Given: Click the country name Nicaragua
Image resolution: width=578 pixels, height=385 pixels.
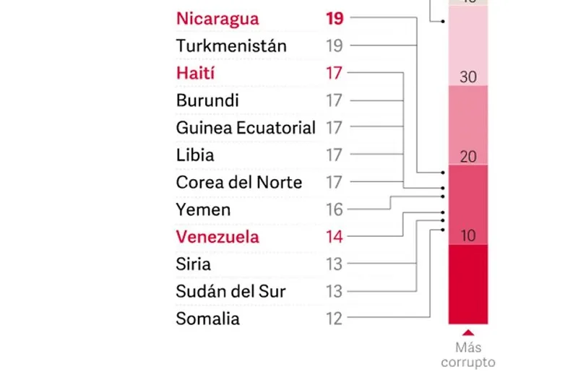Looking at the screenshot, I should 217,19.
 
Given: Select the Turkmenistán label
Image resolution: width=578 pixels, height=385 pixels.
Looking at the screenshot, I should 231,46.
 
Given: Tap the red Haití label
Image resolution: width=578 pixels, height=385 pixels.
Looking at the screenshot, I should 196,74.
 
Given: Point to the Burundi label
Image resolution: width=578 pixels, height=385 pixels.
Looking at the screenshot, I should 207,100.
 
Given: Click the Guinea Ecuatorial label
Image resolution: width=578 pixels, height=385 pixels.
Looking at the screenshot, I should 246,128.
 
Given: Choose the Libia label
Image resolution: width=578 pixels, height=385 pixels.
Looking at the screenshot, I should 195,155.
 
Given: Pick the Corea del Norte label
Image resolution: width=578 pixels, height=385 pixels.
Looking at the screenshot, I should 239,182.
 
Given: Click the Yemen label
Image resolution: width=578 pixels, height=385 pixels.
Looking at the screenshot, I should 203,210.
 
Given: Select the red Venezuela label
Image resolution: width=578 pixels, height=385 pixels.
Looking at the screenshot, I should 217,237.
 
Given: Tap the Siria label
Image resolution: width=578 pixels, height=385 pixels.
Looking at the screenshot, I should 194,264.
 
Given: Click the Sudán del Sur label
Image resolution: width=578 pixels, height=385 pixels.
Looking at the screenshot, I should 230,292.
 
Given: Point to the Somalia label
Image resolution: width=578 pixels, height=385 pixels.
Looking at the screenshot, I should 207,319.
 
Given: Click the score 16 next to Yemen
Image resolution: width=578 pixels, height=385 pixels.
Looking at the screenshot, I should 334,210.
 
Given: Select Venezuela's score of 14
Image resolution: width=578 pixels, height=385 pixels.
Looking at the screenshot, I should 334,237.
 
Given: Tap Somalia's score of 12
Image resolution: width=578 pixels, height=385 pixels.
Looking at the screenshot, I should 334,319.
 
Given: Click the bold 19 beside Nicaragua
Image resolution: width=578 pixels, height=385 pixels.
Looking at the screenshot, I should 335,19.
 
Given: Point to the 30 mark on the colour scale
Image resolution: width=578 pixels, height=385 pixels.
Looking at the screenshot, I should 468,77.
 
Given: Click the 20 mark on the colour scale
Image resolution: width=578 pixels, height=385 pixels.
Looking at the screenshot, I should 468,157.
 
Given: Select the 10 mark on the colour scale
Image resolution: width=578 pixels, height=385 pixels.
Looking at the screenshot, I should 468,236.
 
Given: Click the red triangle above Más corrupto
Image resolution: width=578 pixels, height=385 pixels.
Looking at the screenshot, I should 468,332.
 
